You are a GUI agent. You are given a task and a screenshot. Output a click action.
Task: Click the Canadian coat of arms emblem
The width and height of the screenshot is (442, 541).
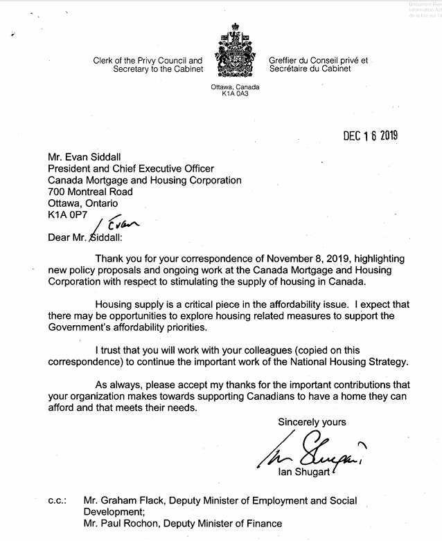[x=236, y=53]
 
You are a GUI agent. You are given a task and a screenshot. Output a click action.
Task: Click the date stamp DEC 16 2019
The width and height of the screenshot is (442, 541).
[x=371, y=136]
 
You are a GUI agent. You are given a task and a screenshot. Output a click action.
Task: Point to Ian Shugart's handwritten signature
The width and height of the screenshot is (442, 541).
[x=312, y=450]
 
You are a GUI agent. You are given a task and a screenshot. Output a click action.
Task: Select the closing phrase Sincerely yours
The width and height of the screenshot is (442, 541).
[x=312, y=421]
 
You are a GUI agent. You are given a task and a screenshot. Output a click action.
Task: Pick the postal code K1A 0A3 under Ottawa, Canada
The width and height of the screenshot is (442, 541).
[x=236, y=93]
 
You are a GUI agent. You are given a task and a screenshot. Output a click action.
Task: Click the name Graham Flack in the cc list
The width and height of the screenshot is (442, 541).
[x=130, y=500]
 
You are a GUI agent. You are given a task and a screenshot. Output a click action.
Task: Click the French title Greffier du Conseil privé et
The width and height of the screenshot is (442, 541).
[x=319, y=60]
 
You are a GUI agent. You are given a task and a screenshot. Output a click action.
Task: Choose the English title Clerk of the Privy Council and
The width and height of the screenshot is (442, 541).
[x=148, y=60]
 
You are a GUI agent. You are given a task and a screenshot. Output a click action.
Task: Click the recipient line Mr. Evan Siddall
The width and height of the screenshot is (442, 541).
[x=85, y=156]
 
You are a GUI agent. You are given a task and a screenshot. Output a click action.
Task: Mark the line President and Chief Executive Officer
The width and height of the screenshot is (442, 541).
[x=131, y=168]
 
